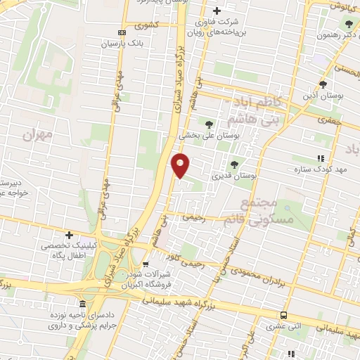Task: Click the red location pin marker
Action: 181,165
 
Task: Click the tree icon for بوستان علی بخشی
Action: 210,124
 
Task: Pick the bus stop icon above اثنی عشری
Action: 284,316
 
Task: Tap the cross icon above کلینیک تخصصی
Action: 69,235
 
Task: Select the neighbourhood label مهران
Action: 38,134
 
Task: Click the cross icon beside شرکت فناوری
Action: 217,11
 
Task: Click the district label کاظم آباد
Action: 258,102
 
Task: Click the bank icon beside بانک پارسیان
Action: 122,32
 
